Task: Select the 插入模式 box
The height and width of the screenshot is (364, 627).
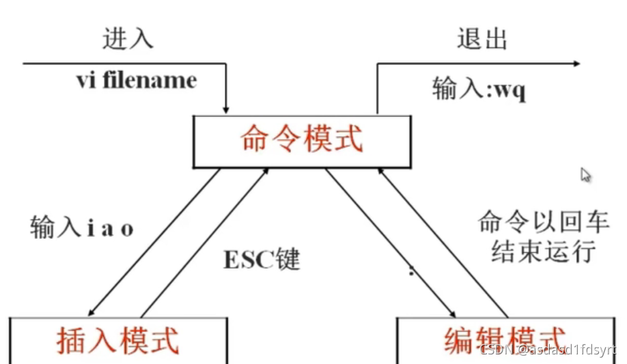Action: pos(118,340)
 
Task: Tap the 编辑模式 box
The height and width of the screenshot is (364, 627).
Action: pos(505,340)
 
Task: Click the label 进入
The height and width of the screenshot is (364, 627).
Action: pos(128,39)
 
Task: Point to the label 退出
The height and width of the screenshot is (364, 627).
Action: pos(482,39)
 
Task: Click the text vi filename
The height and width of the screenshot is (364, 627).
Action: pos(136,81)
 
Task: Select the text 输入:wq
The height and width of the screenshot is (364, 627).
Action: pos(479,89)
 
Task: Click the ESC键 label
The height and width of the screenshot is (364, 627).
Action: pos(262,260)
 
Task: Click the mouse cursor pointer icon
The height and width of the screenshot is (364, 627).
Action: pos(585,175)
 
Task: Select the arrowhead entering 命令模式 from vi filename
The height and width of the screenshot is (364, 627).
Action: pos(226,109)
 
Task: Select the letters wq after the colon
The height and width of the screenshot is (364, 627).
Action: pos(513,90)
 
